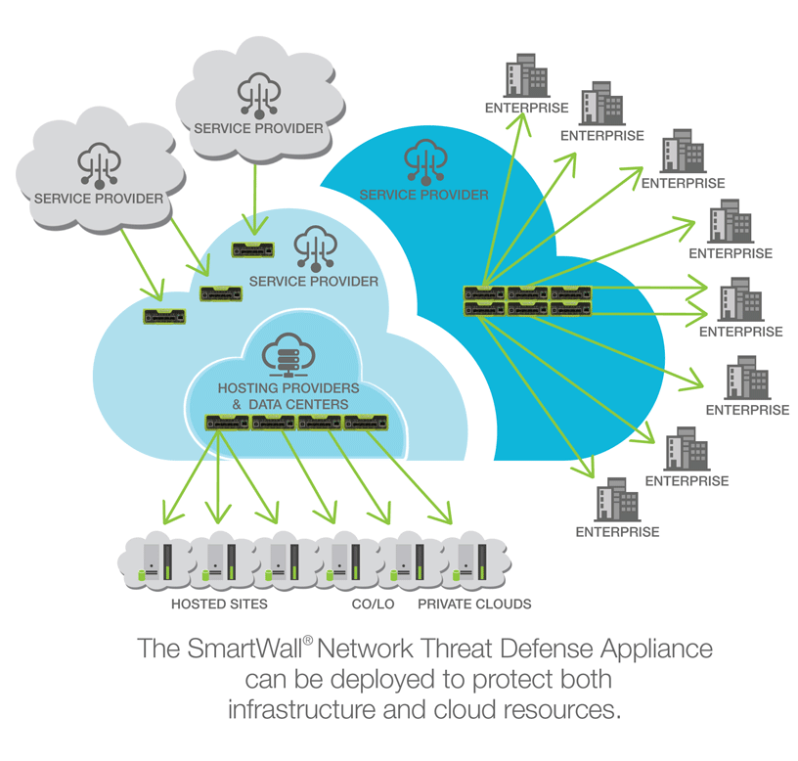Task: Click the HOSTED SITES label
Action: click(219, 604)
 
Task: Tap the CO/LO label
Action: click(373, 604)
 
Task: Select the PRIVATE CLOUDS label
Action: click(474, 604)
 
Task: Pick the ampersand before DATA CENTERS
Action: click(236, 404)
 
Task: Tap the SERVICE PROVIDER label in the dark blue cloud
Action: click(423, 195)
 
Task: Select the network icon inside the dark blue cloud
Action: click(423, 160)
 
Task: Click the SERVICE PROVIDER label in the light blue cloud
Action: click(313, 282)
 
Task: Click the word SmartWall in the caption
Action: click(238, 649)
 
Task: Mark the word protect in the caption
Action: click(513, 679)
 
